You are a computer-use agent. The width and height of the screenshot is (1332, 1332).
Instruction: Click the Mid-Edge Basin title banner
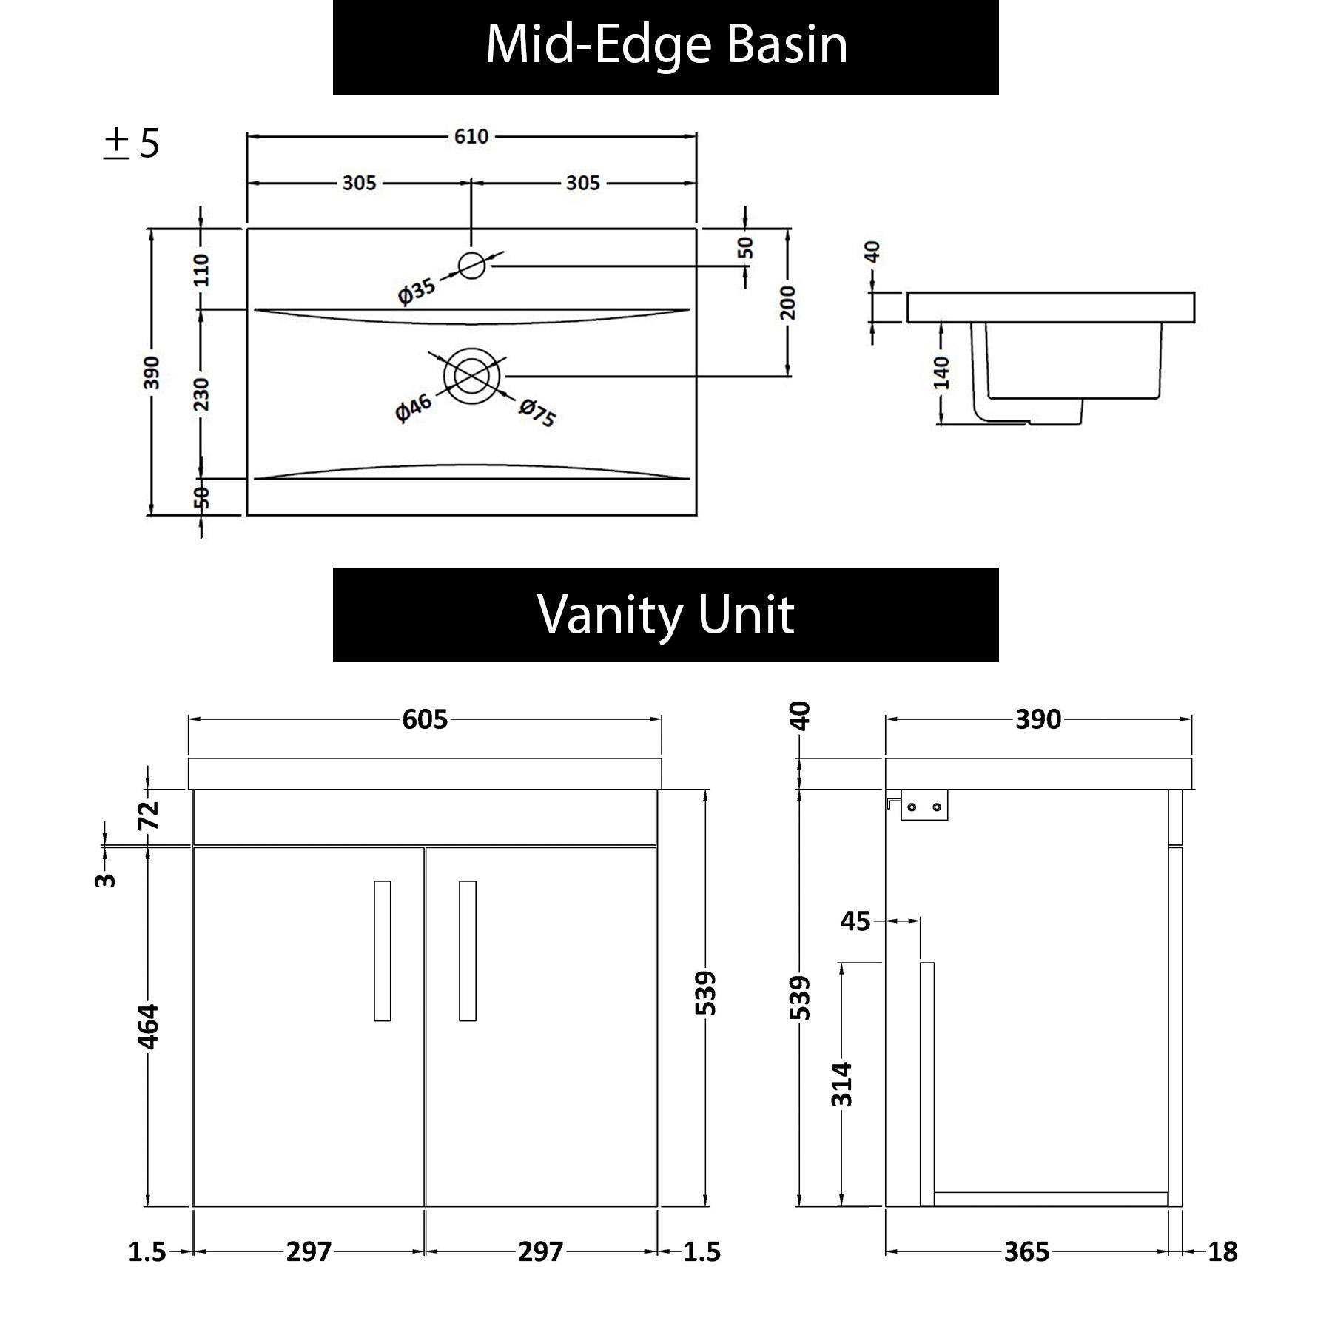665,46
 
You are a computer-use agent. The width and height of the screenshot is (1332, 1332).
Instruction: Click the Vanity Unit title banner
665,614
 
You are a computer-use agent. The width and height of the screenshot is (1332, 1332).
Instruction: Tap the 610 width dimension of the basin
471,136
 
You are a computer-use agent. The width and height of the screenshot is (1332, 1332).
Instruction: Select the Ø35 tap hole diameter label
417,290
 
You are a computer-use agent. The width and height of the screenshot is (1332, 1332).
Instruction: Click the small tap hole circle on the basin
471,265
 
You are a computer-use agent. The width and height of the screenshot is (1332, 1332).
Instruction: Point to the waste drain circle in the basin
471,377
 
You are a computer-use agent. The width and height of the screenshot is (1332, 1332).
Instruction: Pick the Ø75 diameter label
537,413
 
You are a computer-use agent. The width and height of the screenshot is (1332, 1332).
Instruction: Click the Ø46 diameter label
413,408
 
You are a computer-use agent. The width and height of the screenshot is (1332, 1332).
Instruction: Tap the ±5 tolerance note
132,144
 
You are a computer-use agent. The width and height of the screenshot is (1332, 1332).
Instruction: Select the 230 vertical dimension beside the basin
201,394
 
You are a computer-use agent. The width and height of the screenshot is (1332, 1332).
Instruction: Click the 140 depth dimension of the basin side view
941,372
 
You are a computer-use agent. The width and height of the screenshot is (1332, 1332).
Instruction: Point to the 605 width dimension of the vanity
425,719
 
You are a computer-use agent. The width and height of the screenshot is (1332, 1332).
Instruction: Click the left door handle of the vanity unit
382,950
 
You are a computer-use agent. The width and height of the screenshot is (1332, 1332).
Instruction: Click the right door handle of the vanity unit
467,950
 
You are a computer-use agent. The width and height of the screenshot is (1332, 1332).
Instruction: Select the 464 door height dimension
149,1026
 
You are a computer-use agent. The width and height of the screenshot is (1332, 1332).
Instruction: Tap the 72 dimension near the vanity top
149,815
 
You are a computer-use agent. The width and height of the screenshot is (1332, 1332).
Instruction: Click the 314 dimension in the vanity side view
842,1083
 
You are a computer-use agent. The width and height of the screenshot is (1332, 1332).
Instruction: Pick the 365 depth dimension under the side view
1026,1252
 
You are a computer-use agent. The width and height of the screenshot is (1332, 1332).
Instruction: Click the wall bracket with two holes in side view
924,806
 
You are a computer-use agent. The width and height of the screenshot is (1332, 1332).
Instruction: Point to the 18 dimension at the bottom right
1222,1252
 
